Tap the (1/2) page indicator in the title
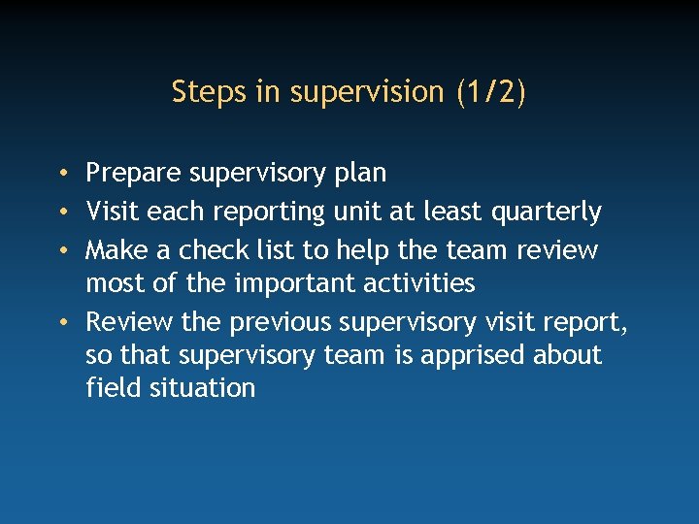pyautogui.click(x=489, y=92)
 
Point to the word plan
pyautogui.click(x=360, y=174)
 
